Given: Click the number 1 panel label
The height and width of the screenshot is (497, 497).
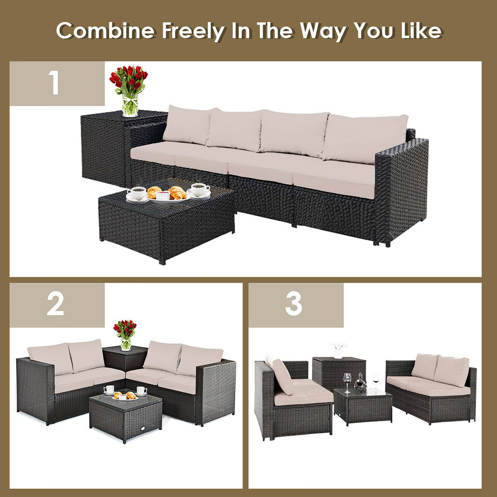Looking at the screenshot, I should tap(55, 83).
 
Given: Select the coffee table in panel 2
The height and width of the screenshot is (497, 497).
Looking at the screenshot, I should tap(125, 414).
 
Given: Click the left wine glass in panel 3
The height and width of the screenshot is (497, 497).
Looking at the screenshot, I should tap(347, 381).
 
